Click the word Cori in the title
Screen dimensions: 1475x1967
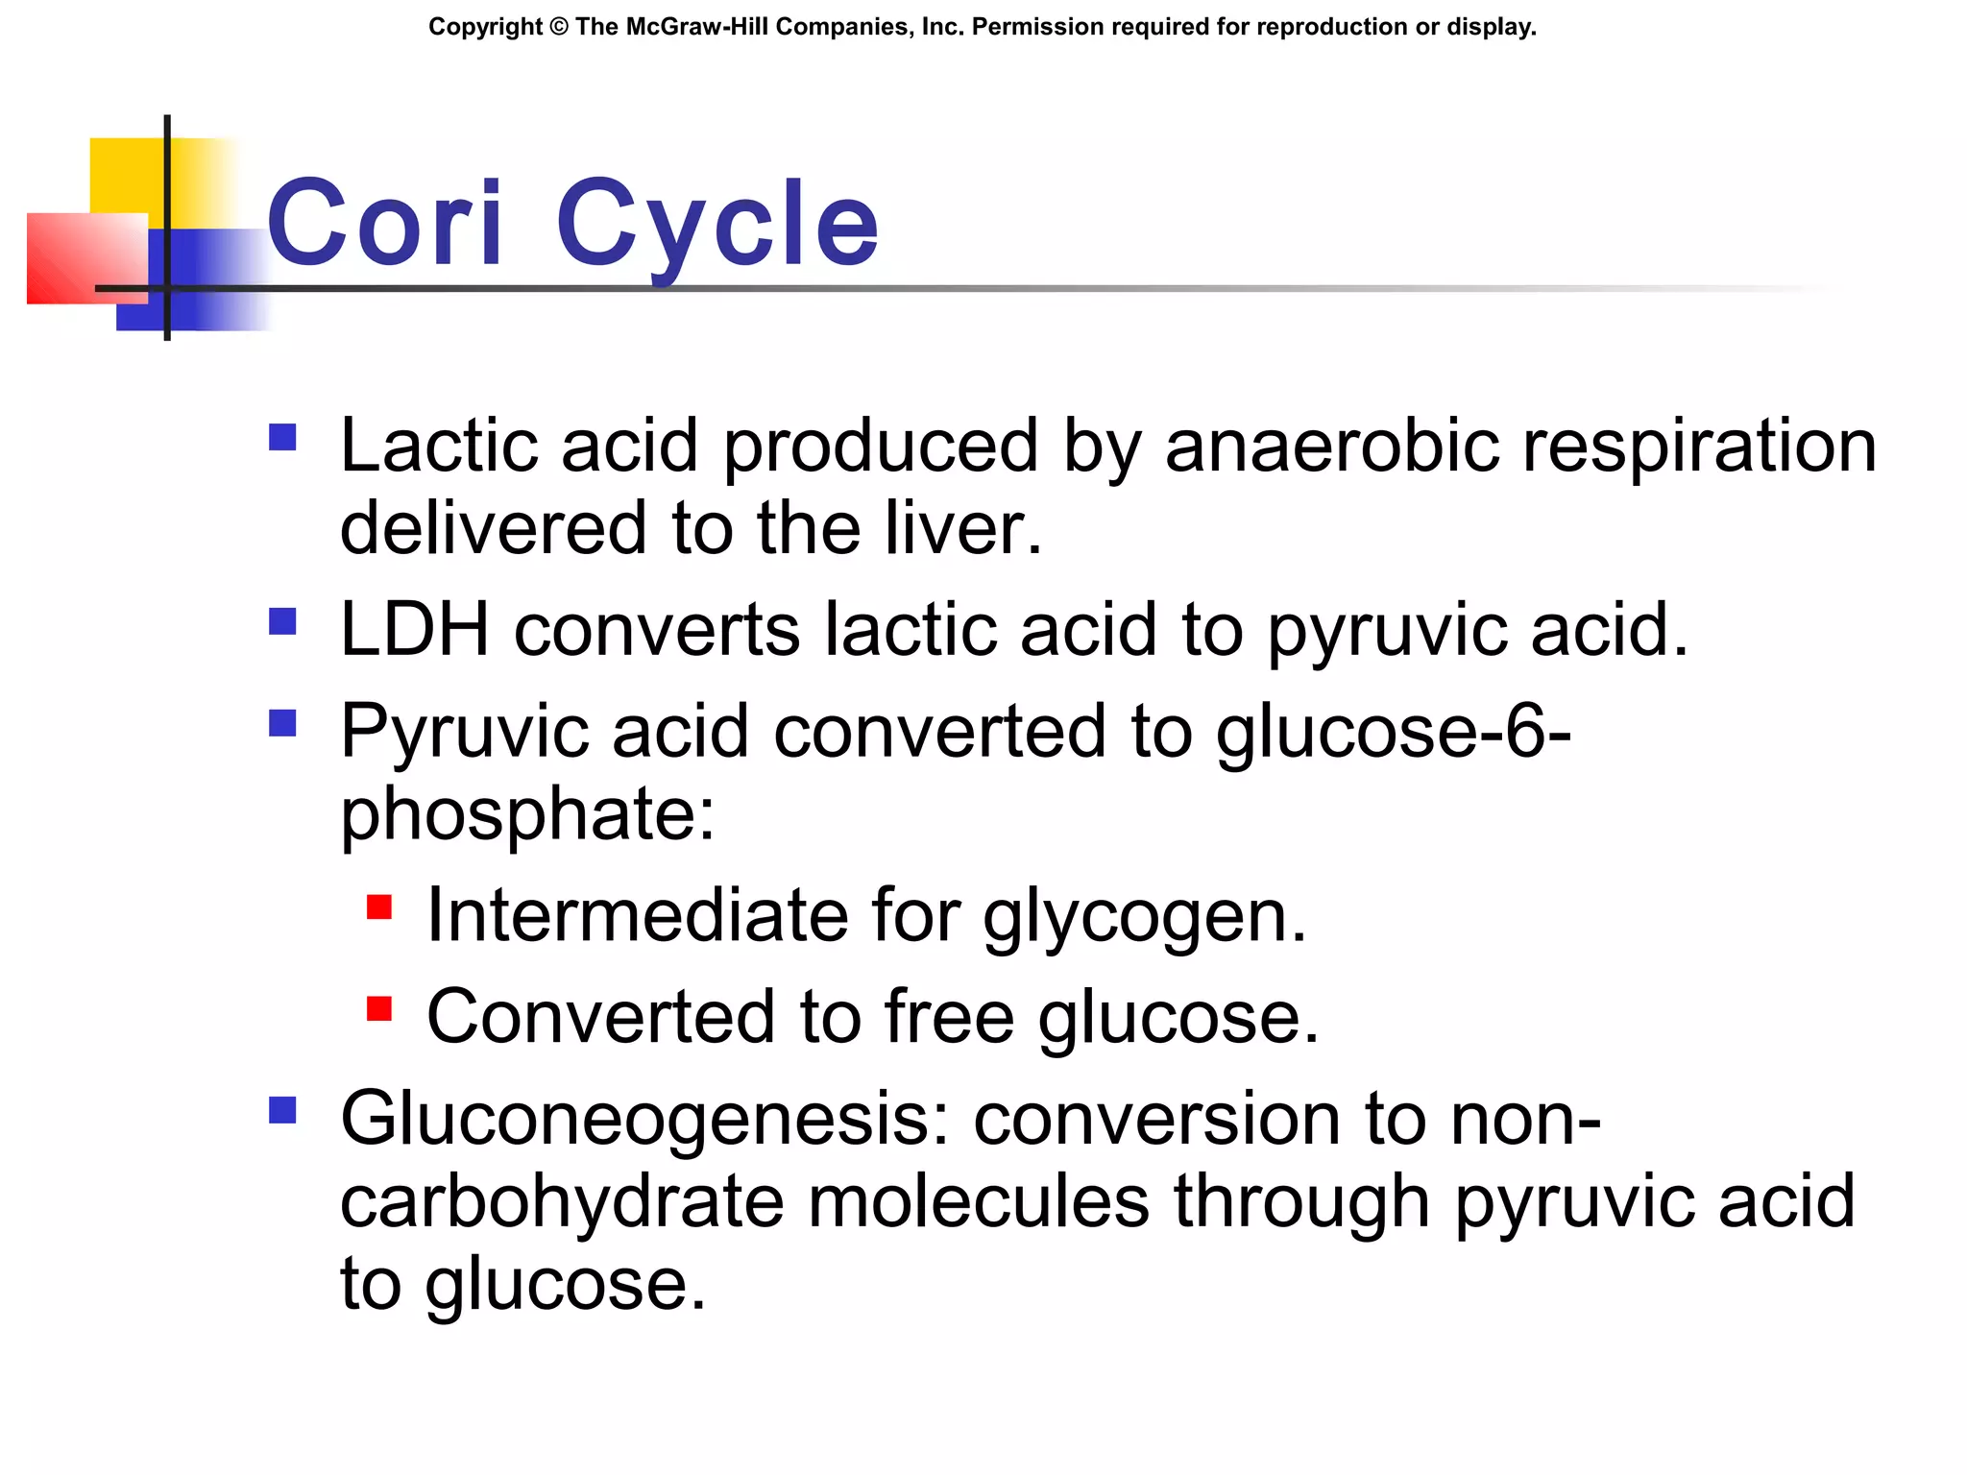384,223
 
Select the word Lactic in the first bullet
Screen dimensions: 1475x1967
438,446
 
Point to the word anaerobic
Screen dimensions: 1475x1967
1331,446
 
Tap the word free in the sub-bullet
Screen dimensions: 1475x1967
949,1017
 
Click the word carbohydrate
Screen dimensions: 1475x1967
562,1202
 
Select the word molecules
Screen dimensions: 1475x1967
978,1202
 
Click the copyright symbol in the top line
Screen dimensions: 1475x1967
560,27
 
